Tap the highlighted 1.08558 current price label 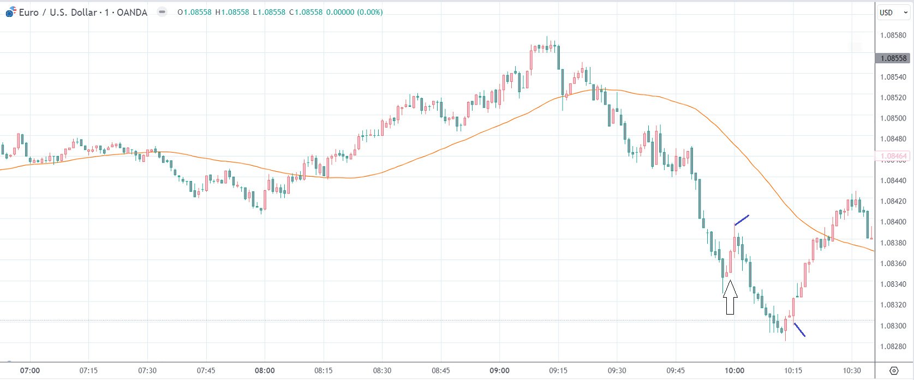[893, 58]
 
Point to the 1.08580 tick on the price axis [893, 35]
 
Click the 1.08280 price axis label [893, 347]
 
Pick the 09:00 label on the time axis [499, 371]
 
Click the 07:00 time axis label [30, 371]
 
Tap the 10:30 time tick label [852, 371]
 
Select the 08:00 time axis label [265, 371]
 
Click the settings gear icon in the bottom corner [894, 371]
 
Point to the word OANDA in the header [132, 13]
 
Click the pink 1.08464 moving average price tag [893, 156]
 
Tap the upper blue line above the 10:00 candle [742, 220]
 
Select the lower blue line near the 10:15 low [799, 330]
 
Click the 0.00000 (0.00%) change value [354, 12]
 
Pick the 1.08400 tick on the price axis [893, 222]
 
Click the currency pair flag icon [11, 12]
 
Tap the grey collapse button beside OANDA [162, 12]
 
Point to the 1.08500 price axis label [893, 118]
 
